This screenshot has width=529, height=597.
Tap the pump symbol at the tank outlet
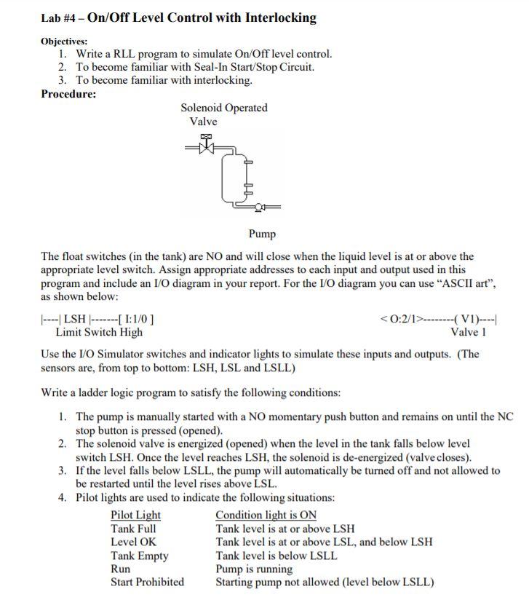[258, 207]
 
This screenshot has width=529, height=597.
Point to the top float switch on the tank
[249, 164]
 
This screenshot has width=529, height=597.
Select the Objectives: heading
[64, 41]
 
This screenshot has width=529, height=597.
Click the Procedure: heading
[68, 94]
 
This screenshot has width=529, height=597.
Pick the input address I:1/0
[134, 318]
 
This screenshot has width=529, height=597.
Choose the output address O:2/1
[400, 318]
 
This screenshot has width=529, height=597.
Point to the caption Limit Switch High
[99, 332]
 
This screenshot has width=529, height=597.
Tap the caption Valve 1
[468, 332]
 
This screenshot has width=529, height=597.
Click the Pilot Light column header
[135, 515]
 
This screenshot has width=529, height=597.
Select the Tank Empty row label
[139, 556]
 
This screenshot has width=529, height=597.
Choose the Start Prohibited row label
[147, 582]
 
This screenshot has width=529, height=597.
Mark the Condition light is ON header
[266, 515]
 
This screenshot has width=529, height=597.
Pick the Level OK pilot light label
[133, 542]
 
